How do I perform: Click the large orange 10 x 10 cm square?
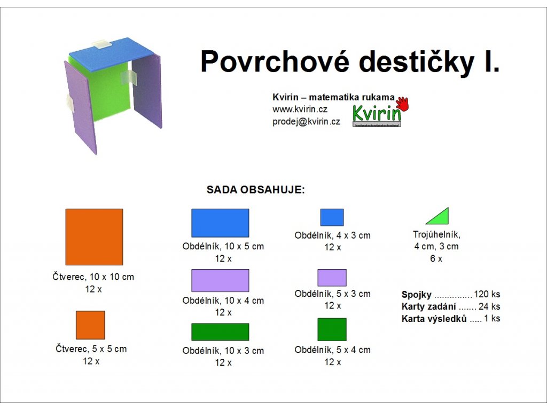click(x=94, y=237)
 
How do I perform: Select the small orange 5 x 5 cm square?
click(x=90, y=325)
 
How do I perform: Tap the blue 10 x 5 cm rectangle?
click(x=220, y=223)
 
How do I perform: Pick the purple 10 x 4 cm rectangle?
click(x=220, y=280)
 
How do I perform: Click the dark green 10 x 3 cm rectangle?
click(x=220, y=332)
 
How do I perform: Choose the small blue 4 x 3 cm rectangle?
click(x=332, y=217)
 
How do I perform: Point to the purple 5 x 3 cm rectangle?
click(x=332, y=278)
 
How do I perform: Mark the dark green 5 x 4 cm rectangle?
click(x=332, y=329)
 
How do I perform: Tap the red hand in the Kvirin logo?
click(x=403, y=104)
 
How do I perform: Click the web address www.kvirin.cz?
click(x=300, y=109)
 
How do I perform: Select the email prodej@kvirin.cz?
click(x=306, y=122)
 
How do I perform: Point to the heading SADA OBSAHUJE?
click(x=256, y=190)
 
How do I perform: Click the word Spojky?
click(x=417, y=295)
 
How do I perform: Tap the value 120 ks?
click(x=487, y=294)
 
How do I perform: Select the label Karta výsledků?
click(x=434, y=319)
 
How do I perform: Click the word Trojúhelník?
click(x=436, y=235)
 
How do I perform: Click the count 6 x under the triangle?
click(x=436, y=259)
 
